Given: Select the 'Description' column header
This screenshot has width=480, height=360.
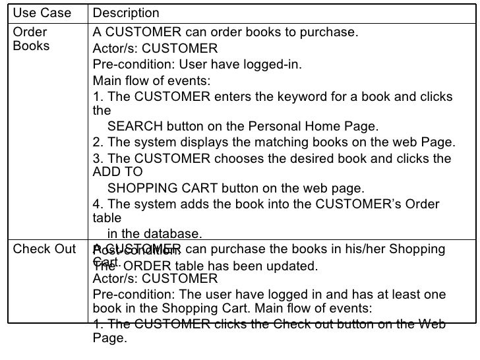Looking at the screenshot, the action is tap(126, 13).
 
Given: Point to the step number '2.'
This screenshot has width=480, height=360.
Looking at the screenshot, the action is tap(98, 143).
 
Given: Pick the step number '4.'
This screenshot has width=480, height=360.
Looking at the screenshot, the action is tap(98, 204).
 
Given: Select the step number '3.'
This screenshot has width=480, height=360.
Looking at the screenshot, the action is tap(98, 159).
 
